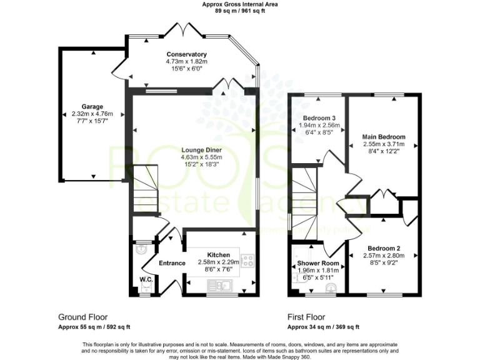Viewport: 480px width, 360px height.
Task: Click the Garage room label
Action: [x=92, y=106]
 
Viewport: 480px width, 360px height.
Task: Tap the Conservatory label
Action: [x=186, y=54]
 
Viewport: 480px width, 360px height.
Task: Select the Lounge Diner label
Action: [x=201, y=150]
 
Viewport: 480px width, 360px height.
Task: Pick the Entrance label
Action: [x=172, y=263]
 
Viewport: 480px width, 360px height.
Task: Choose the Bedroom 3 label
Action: [x=319, y=118]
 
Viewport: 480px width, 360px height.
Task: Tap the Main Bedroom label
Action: [x=384, y=137]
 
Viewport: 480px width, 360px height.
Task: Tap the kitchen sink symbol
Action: [x=222, y=286]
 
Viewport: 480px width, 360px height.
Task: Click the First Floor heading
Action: [x=306, y=317]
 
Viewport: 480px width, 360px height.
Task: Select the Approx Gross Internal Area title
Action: [x=240, y=4]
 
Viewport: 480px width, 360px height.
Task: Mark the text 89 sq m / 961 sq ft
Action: [x=240, y=11]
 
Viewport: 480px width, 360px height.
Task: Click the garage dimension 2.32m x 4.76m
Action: [x=92, y=114]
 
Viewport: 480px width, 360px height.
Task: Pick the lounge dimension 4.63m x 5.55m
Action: [x=201, y=157]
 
